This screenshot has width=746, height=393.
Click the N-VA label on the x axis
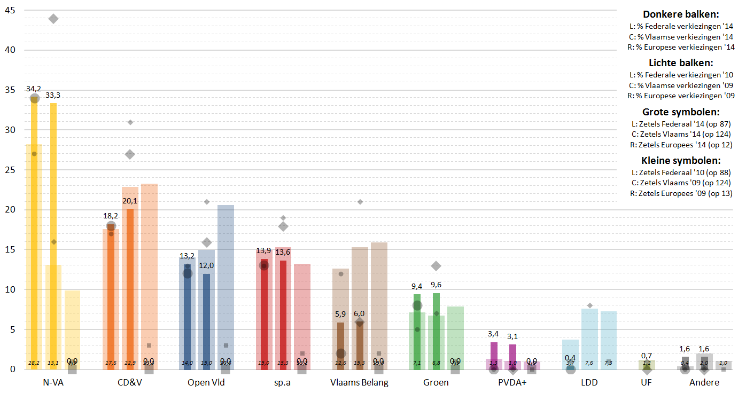[53, 382]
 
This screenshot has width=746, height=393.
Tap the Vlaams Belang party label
[359, 382]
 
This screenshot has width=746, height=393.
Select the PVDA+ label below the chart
[512, 382]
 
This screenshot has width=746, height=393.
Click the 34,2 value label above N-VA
[34, 89]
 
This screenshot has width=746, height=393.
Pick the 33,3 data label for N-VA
[53, 95]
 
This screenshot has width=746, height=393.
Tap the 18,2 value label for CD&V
[111, 216]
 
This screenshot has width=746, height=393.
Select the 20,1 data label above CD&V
[130, 201]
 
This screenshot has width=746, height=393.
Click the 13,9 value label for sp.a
[263, 250]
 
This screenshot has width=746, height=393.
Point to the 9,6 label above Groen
[436, 285]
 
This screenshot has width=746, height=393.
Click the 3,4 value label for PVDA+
[493, 334]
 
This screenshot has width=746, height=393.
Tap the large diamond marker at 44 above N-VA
[53, 19]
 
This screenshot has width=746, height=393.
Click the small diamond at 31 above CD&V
[130, 122]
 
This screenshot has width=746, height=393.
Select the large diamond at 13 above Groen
[436, 266]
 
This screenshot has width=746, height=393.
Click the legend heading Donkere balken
[680, 14]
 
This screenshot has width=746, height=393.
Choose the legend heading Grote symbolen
[680, 112]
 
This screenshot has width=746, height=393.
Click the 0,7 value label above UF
[646, 356]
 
